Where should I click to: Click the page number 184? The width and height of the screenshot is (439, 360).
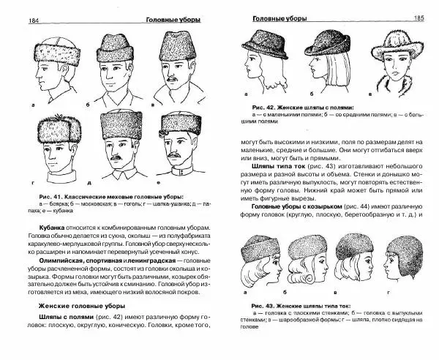click(x=12, y=20)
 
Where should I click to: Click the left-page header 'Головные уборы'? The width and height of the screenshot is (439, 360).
click(x=173, y=20)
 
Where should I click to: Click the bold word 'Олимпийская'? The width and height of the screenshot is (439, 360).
click(x=61, y=260)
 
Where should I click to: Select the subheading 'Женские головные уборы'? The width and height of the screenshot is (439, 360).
click(x=80, y=306)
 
